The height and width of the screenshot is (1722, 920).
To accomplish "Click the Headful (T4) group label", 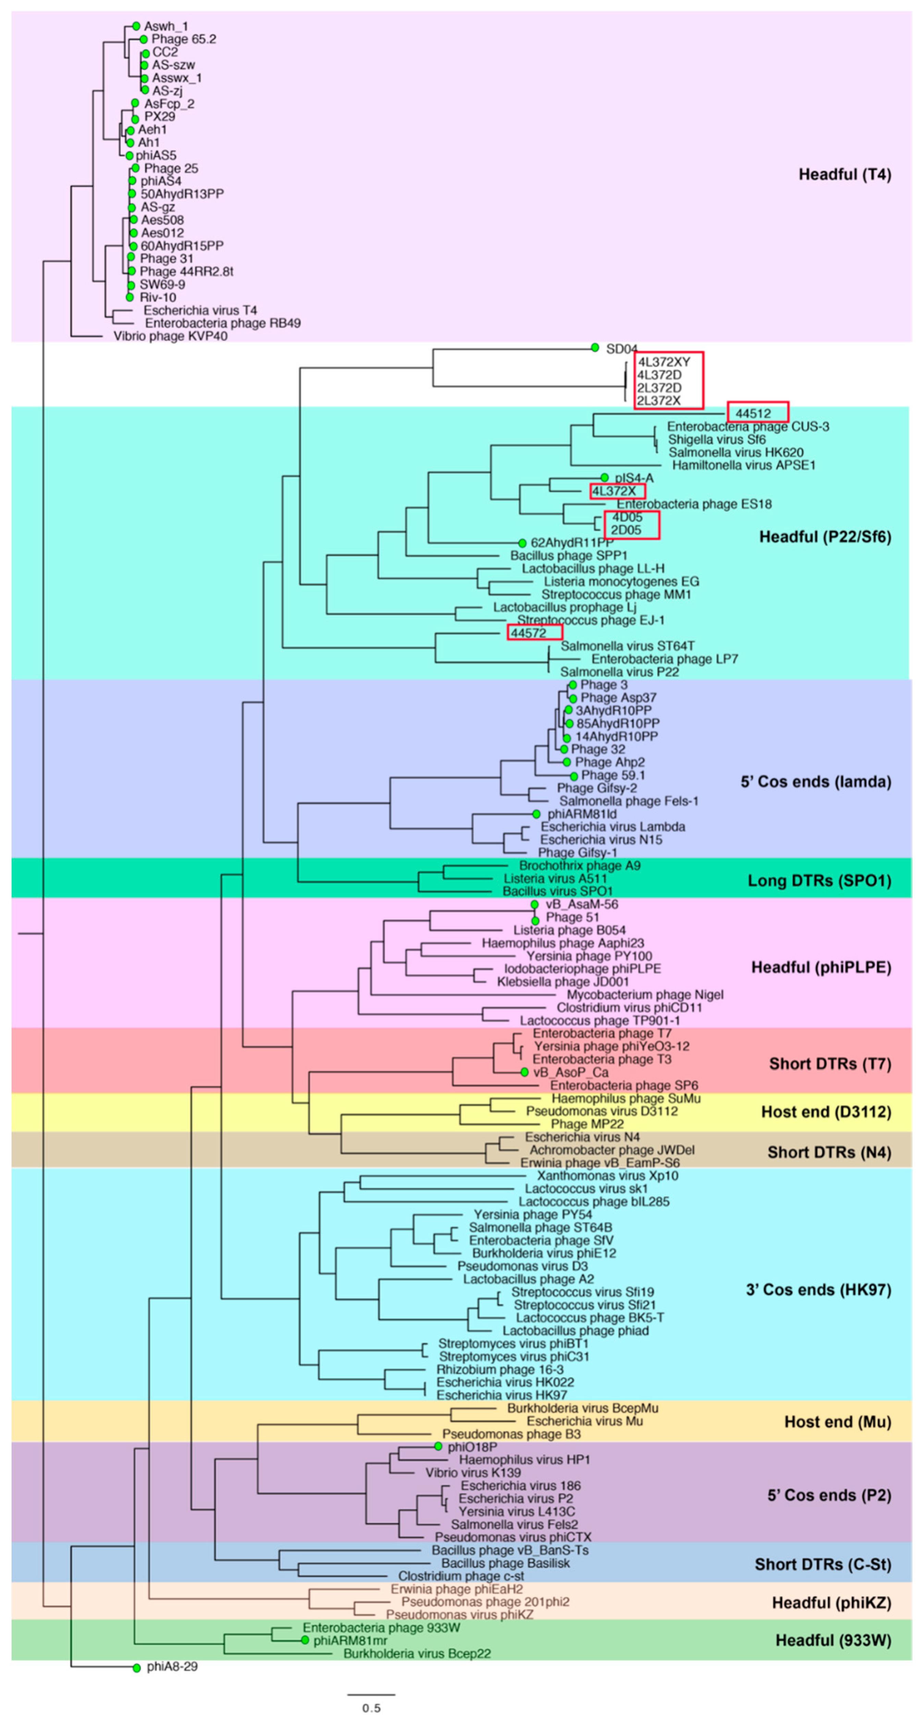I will (x=845, y=174).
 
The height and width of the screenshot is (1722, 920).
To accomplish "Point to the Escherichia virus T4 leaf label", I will (x=200, y=310).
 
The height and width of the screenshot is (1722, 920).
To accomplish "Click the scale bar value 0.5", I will (x=371, y=1708).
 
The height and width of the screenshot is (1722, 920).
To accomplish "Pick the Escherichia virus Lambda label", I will (x=612, y=827).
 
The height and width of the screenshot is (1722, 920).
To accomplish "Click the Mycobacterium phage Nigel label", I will (x=645, y=995).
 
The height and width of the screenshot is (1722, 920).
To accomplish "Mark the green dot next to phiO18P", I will (x=438, y=1447).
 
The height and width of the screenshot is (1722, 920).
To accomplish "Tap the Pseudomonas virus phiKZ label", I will (x=459, y=1614).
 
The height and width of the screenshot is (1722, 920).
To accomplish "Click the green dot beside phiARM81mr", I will (x=305, y=1640).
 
